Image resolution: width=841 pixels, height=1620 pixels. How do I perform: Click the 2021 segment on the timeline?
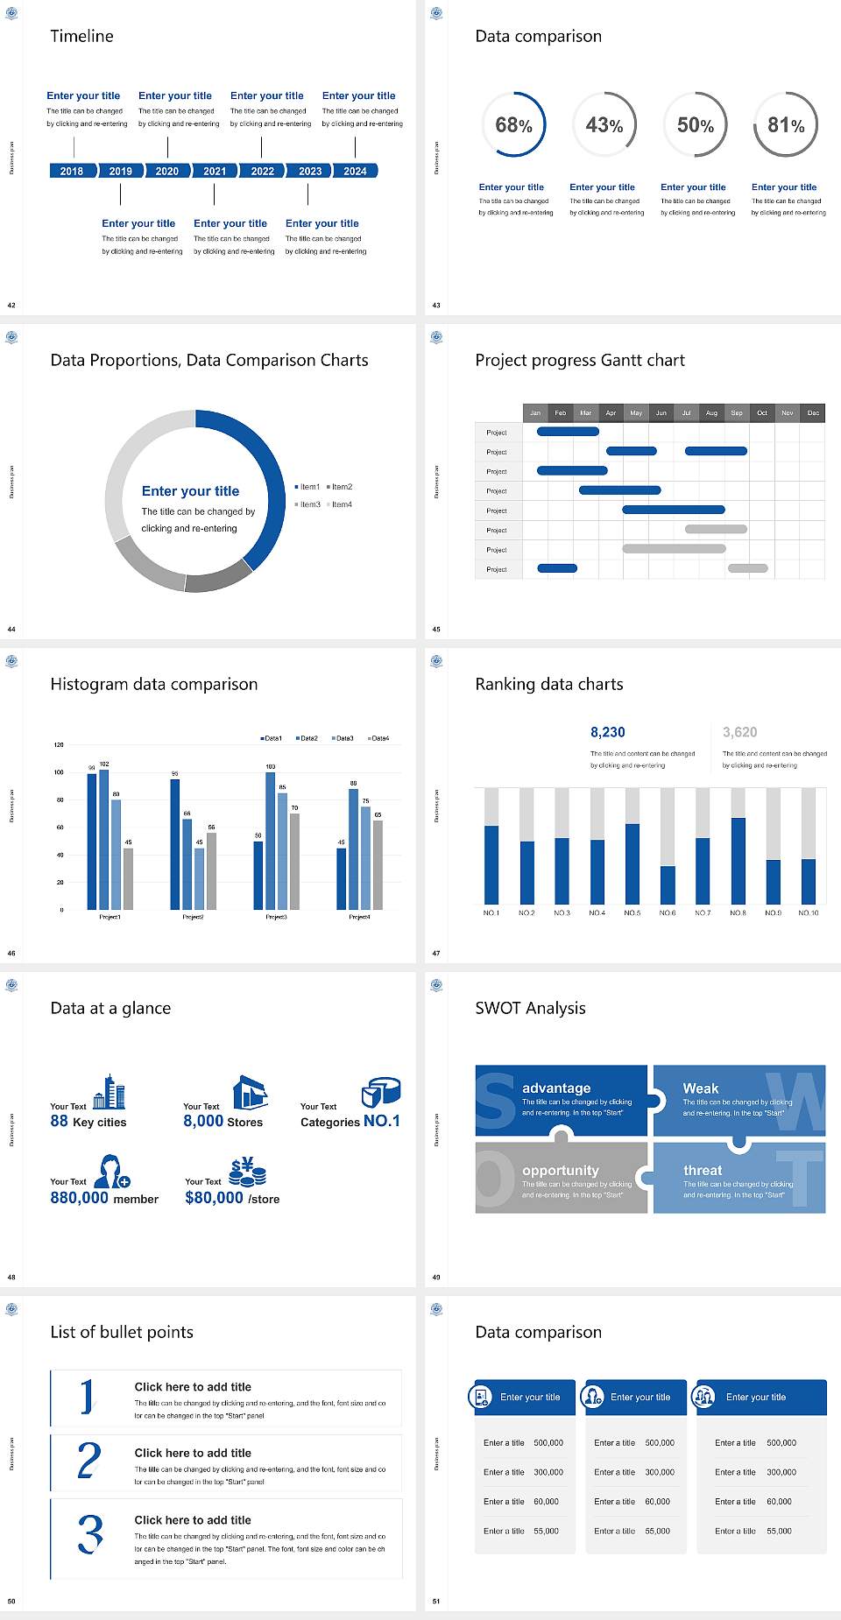click(215, 171)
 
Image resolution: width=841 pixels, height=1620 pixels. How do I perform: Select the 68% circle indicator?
click(513, 125)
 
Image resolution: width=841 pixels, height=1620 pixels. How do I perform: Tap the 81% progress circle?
click(786, 125)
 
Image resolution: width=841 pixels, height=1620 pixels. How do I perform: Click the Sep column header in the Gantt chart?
click(737, 412)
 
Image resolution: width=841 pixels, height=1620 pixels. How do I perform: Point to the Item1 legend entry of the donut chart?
click(307, 487)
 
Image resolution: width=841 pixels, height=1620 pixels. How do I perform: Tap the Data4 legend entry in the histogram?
click(378, 738)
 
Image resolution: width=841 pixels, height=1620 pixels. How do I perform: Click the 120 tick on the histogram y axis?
click(60, 745)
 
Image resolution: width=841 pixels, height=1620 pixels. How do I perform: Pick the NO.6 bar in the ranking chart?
click(668, 884)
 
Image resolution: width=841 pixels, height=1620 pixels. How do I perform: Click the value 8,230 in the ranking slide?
click(608, 732)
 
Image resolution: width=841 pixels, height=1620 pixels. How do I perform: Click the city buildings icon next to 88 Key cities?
click(110, 1093)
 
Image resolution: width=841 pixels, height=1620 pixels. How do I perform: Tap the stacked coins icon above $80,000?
click(248, 1172)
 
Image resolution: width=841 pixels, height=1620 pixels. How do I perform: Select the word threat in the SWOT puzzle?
click(703, 1170)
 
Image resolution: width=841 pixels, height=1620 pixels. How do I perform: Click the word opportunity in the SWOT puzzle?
click(561, 1170)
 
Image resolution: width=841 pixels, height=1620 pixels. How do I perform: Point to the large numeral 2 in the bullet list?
click(89, 1461)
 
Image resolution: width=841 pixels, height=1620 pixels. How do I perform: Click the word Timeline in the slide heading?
click(81, 36)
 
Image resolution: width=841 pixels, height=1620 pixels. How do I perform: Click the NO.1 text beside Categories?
click(382, 1121)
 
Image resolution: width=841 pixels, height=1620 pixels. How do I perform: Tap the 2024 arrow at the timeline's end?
click(355, 171)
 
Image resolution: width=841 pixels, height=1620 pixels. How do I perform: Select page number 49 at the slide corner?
click(436, 1277)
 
